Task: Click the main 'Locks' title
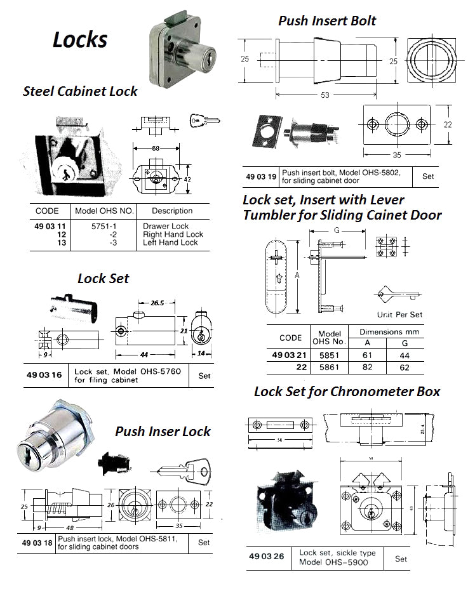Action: point(80,39)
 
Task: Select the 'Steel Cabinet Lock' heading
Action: point(80,91)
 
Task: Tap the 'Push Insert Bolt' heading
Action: point(327,20)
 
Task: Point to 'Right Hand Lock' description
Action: point(173,234)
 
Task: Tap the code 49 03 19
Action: point(261,176)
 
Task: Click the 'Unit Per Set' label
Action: point(399,314)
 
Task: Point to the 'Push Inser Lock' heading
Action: point(163,432)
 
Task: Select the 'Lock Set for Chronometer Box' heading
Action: point(347,391)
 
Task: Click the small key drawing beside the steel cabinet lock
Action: point(204,119)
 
